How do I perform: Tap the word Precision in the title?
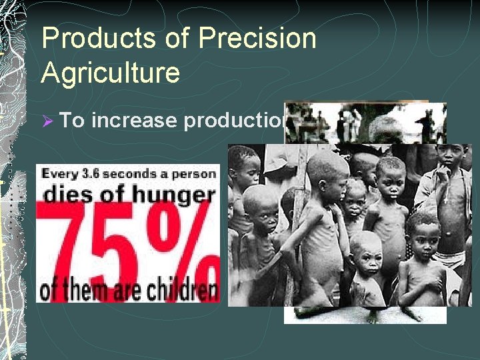(x=257, y=39)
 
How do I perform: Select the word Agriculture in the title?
(x=110, y=73)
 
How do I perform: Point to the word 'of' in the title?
(x=179, y=39)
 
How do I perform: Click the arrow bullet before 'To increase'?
(x=47, y=121)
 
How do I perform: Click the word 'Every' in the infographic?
(x=59, y=174)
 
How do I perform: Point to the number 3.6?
(x=91, y=174)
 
